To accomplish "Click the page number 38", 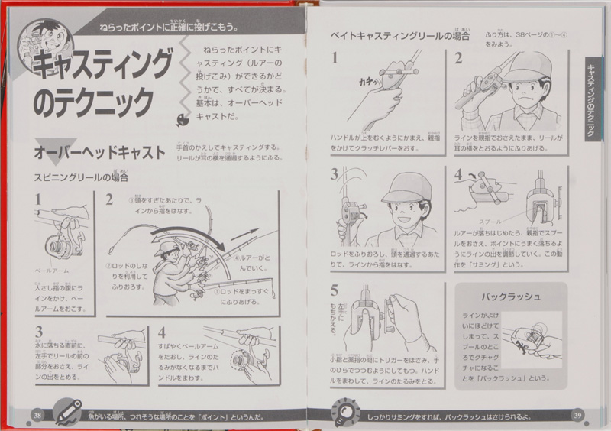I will click(x=36, y=413).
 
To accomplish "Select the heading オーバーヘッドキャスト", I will click(x=99, y=153).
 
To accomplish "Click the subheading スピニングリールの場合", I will click(x=80, y=177).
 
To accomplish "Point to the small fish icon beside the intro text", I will click(x=179, y=119).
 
